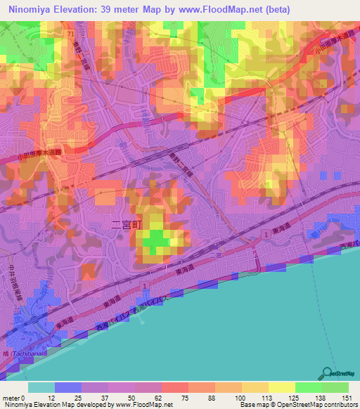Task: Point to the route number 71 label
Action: click(x=71, y=33)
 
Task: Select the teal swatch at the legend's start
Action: click(x=41, y=387)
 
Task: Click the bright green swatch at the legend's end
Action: click(x=335, y=387)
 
